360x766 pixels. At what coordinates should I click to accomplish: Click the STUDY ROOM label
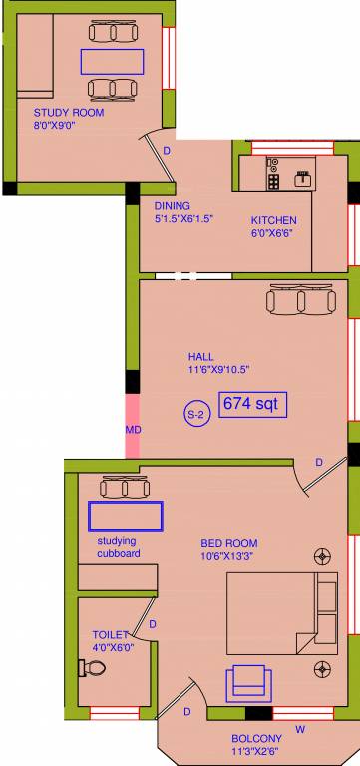(x=69, y=113)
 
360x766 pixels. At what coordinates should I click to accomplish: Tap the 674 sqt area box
(x=253, y=404)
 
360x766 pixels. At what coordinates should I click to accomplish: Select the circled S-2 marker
(x=196, y=412)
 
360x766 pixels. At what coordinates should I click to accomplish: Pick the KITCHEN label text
(x=273, y=220)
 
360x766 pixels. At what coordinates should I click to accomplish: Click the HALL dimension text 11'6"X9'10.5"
(x=217, y=369)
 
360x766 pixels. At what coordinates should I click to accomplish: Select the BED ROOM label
(x=228, y=543)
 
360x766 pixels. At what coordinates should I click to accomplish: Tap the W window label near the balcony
(x=300, y=729)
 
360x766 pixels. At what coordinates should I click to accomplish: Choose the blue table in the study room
(x=112, y=61)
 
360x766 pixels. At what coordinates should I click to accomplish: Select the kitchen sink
(x=302, y=179)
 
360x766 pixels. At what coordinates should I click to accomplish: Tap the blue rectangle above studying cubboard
(x=126, y=516)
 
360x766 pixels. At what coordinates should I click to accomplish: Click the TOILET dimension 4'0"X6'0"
(x=113, y=646)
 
